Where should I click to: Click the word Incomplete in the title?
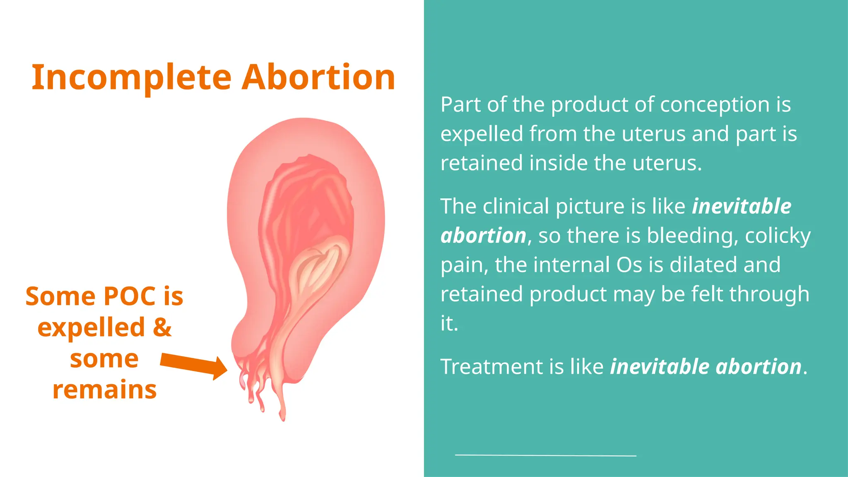coord(131,77)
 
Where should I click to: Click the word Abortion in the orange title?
coord(318,77)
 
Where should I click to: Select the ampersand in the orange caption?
coord(162,327)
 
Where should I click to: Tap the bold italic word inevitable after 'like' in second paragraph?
coord(741,206)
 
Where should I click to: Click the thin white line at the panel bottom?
coord(545,455)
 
